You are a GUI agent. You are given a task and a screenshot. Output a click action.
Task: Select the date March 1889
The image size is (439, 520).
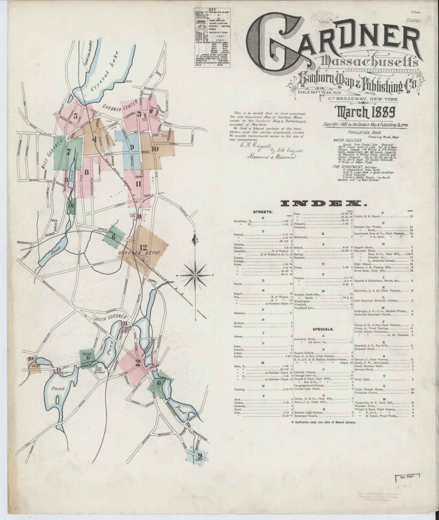[365, 113]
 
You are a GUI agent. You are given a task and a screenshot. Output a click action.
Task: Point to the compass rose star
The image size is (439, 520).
[195, 275]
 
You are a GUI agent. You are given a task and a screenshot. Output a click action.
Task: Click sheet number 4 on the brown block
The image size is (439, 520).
[95, 140]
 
